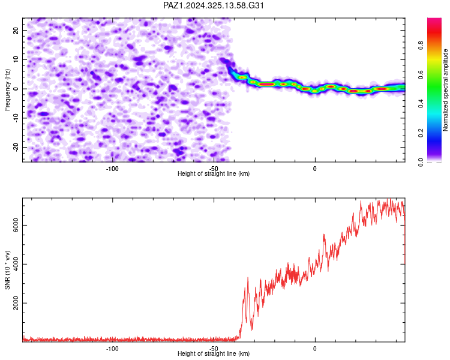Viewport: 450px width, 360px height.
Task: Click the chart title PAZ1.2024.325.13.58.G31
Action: [213, 5]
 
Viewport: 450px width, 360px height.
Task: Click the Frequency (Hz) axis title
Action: [7, 90]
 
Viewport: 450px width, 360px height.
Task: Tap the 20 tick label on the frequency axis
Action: [16, 30]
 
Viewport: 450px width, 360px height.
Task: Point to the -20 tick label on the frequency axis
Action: [16, 148]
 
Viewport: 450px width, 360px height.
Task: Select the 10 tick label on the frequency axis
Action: [16, 59]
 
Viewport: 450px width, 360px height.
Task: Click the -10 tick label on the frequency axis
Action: [16, 118]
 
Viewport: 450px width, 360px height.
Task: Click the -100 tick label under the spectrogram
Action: [112, 169]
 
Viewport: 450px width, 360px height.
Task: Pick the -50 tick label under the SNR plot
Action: [214, 349]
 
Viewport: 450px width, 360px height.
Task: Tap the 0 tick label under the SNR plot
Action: [315, 349]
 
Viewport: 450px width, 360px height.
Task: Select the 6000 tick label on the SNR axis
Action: [16, 226]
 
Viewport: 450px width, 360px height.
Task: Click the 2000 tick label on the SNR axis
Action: [16, 303]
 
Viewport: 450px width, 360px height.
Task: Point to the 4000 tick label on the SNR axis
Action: [16, 264]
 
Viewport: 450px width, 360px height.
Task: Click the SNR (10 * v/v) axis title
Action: [7, 270]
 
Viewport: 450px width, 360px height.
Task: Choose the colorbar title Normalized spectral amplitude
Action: [445, 90]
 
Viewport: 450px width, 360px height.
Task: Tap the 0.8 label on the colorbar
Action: [421, 46]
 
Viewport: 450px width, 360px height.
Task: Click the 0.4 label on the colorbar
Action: [421, 104]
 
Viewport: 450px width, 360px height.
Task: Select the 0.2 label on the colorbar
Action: [421, 133]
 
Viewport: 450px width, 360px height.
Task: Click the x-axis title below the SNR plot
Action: [214, 353]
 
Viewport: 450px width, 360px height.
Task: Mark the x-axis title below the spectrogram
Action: [214, 173]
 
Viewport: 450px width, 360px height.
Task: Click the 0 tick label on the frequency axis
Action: [16, 89]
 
